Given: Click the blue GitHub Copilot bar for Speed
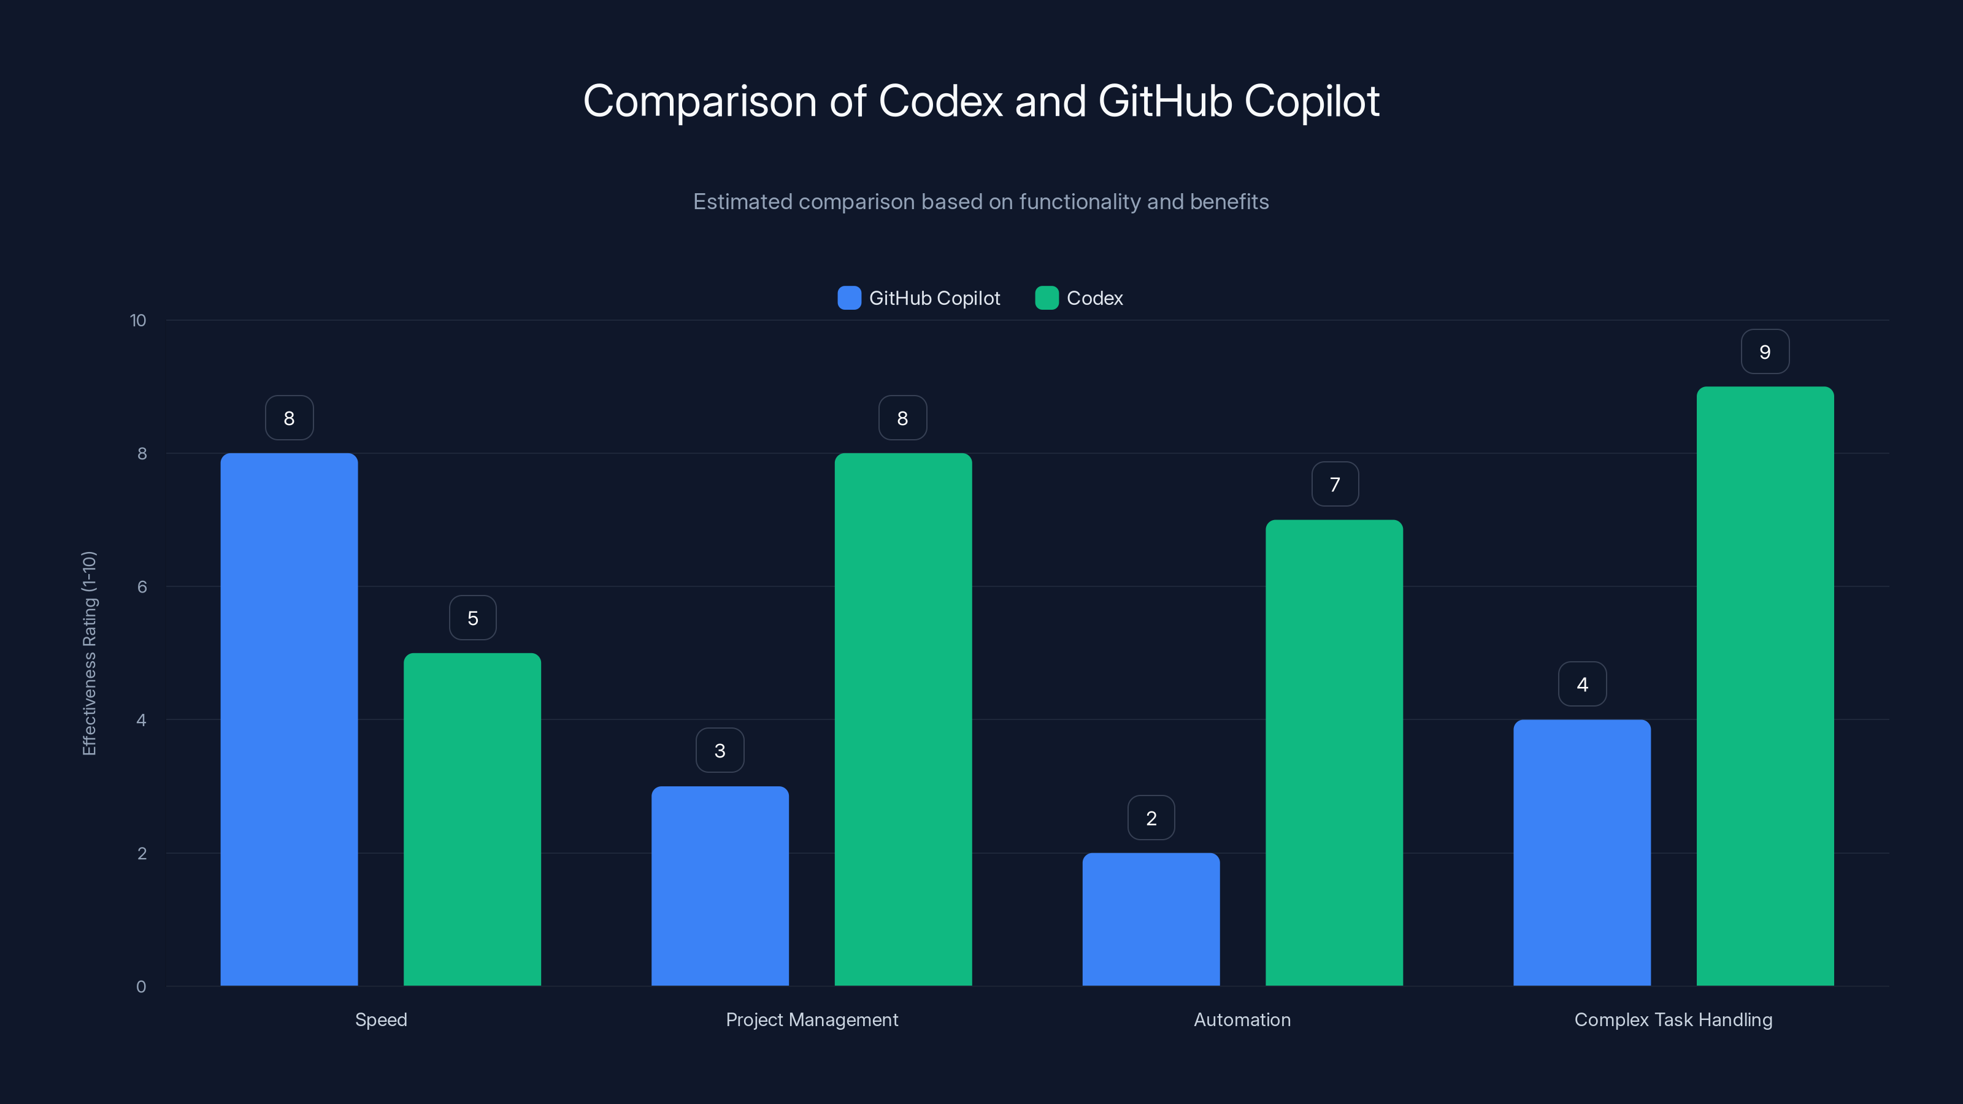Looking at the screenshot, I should point(289,719).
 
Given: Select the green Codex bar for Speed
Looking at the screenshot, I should point(472,819).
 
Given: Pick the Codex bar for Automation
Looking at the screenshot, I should point(1334,753).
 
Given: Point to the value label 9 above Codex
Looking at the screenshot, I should point(1765,352).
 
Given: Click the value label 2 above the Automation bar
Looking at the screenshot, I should point(1151,818).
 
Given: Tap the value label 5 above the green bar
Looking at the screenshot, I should point(472,618).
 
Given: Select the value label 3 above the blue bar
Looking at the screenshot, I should point(720,751).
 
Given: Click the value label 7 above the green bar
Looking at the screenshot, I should point(1334,485).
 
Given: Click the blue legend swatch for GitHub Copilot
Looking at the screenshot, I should point(849,298).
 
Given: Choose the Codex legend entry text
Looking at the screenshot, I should point(1094,298).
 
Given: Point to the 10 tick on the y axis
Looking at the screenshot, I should point(138,320).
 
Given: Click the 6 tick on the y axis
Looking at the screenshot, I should point(142,587).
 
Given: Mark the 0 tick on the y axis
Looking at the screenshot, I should point(141,987).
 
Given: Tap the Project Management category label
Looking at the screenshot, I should point(812,1019).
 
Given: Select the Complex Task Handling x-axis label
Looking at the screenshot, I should point(1673,1019).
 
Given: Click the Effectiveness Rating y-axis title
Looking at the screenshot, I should point(89,653).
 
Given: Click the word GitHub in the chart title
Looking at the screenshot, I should point(1164,101).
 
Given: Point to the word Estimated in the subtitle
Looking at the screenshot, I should point(742,202).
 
